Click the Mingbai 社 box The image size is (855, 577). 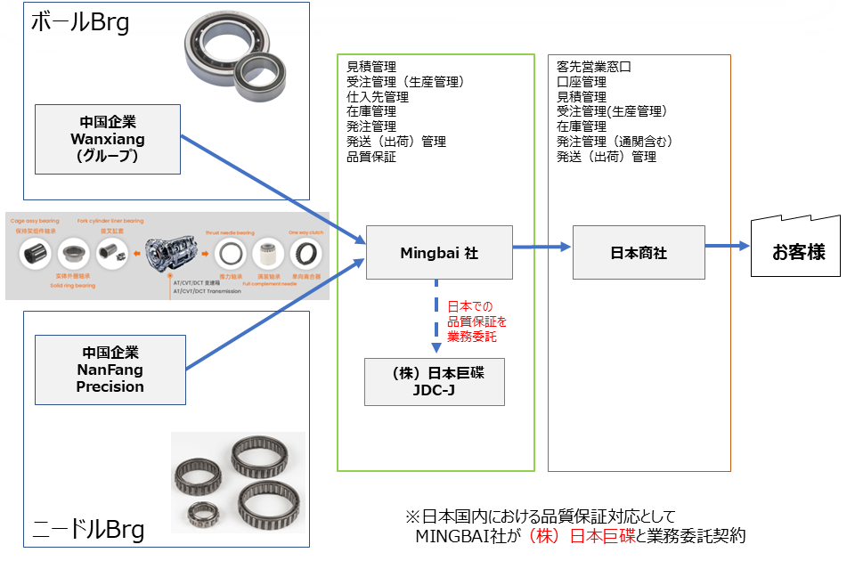click(439, 253)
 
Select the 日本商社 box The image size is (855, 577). click(638, 253)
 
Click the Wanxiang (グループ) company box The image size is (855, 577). click(107, 139)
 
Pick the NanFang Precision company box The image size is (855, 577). click(110, 370)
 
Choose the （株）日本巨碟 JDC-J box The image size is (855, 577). click(436, 381)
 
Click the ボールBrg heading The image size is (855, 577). click(80, 23)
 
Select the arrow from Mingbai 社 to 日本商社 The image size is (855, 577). click(541, 248)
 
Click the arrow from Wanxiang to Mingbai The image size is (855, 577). click(272, 188)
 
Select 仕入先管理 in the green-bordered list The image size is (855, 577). click(378, 96)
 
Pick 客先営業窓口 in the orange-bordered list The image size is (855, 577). click(593, 66)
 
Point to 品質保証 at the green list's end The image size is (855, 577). click(371, 157)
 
